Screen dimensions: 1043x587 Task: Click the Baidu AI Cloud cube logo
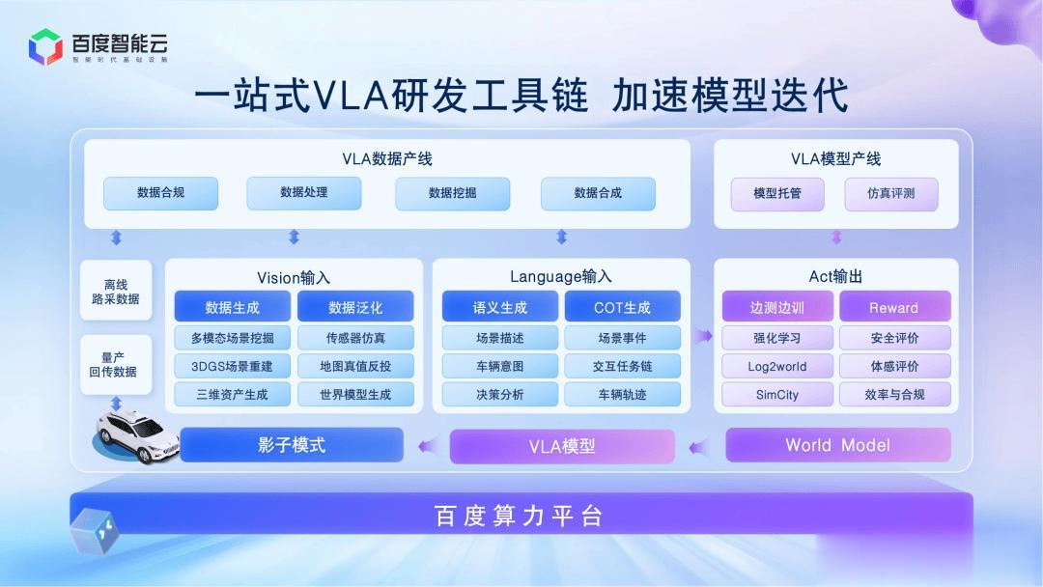[x=45, y=46]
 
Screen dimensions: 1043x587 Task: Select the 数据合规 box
[x=161, y=193]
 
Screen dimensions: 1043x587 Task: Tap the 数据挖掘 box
[x=452, y=193]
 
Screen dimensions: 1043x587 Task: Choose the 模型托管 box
[x=776, y=194]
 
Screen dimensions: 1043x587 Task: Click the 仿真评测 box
[x=891, y=194]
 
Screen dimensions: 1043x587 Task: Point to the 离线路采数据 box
[x=116, y=292]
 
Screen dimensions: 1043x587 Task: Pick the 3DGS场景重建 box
[x=232, y=366]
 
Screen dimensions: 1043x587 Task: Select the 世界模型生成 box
[x=355, y=394]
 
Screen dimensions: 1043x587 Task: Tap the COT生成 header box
[x=623, y=307]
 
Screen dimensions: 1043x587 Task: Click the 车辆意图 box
[x=500, y=366]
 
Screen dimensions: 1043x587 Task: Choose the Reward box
[x=894, y=307]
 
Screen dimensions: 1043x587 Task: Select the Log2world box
[x=776, y=366]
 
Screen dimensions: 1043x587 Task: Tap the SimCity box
[x=776, y=394]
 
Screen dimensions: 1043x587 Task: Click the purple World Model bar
[x=838, y=445]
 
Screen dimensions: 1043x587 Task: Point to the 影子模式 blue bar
[x=292, y=445]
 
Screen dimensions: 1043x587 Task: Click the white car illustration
[x=138, y=435]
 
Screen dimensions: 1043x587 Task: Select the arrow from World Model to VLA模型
[x=698, y=447]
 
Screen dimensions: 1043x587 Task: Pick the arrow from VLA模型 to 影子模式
[x=429, y=445]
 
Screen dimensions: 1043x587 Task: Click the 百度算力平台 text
[x=519, y=516]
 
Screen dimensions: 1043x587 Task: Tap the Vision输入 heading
[x=294, y=277]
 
